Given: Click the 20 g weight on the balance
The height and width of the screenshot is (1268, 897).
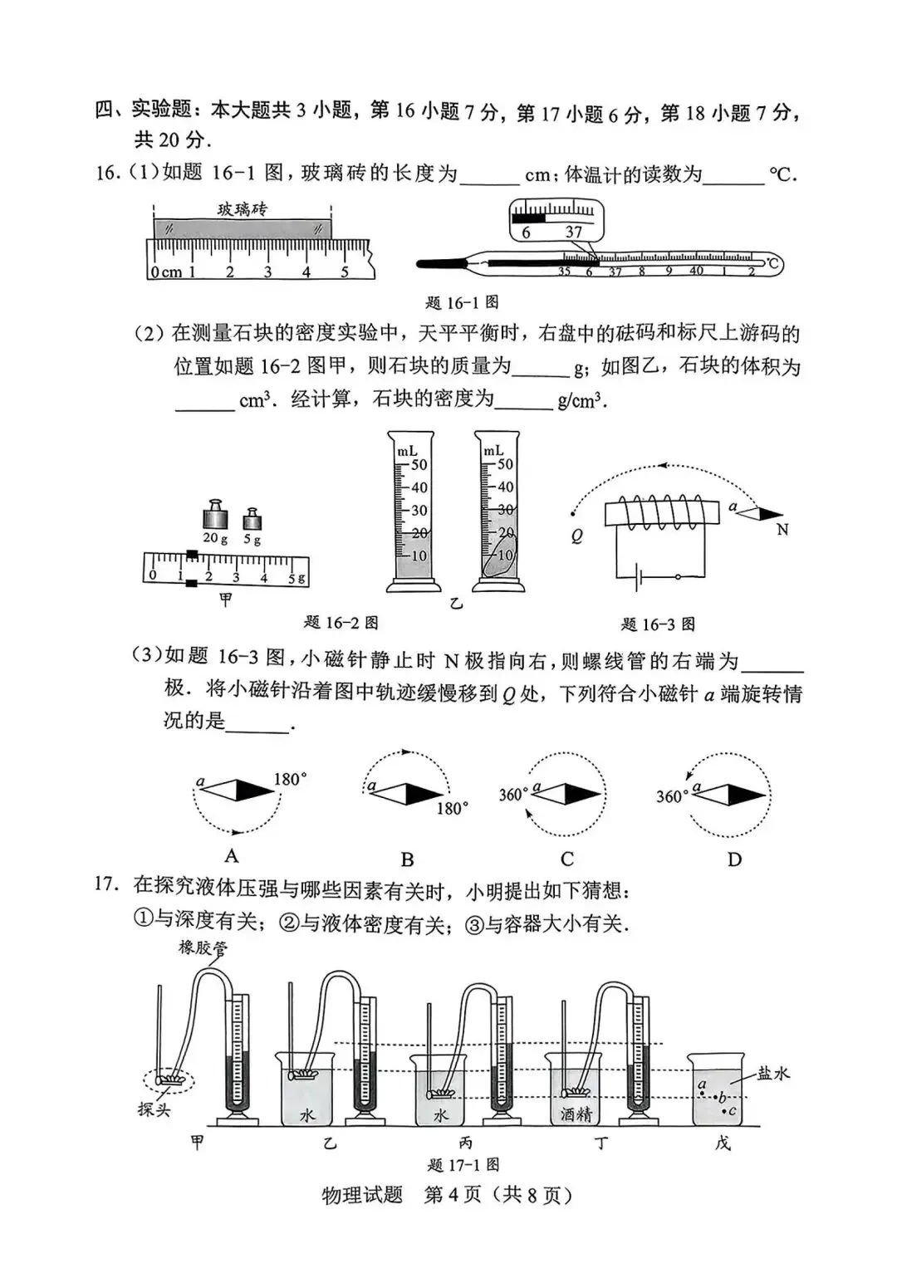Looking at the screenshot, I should coord(215,517).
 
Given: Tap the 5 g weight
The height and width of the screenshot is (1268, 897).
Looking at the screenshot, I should coord(252,520).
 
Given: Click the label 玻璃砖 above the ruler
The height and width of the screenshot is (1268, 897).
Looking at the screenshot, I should coord(243,209).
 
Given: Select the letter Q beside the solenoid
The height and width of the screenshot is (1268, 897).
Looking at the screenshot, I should coord(576,536).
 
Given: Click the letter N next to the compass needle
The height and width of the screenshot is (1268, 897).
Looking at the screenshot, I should coord(782,529).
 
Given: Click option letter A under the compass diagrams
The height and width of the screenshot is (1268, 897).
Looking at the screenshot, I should coord(232,856).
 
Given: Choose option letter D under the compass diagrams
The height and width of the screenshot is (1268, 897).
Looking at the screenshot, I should coord(734,859).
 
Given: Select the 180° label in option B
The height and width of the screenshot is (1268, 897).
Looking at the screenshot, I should coord(452,808).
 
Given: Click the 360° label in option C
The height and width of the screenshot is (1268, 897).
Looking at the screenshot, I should coord(512,795).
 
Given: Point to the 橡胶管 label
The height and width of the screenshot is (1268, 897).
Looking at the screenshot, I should coord(203,947).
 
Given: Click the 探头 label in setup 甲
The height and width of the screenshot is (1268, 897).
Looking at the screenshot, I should coord(154,1109).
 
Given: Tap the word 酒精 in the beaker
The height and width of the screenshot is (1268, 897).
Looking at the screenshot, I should coord(575,1114).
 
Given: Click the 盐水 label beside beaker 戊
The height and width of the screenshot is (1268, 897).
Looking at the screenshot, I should coord(772,1073).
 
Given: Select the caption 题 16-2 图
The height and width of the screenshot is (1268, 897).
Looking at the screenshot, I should coord(341,622).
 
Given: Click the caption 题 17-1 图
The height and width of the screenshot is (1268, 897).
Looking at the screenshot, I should coord(463,1164).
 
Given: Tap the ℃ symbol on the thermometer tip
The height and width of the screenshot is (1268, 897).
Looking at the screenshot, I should coord(772,265).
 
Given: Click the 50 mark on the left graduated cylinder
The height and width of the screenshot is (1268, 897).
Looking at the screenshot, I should coord(419,465).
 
